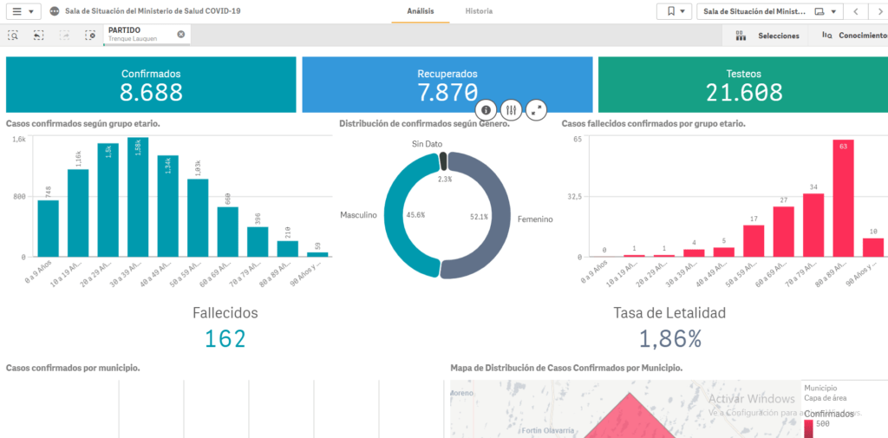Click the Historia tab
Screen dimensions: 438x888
[x=479, y=11]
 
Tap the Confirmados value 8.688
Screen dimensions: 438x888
[x=151, y=93]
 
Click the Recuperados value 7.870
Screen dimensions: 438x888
[x=447, y=93]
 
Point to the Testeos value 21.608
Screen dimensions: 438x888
[x=743, y=93]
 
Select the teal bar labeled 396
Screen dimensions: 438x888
[x=258, y=241]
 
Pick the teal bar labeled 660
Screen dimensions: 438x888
[x=228, y=232]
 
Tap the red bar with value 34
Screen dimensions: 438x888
[x=813, y=225]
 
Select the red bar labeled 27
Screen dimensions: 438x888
[x=784, y=232]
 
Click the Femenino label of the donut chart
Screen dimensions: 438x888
[x=535, y=219]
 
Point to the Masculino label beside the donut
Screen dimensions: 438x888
[x=358, y=215]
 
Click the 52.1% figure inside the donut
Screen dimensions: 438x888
[x=479, y=216]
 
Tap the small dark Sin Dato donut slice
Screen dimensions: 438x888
[x=443, y=160]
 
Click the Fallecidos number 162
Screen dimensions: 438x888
[x=225, y=339]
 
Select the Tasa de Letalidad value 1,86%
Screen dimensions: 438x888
[x=669, y=339]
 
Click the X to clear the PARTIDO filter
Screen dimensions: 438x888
[x=181, y=34]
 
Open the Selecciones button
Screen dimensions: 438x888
[x=767, y=36]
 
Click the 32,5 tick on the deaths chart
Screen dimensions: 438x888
[x=575, y=197]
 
